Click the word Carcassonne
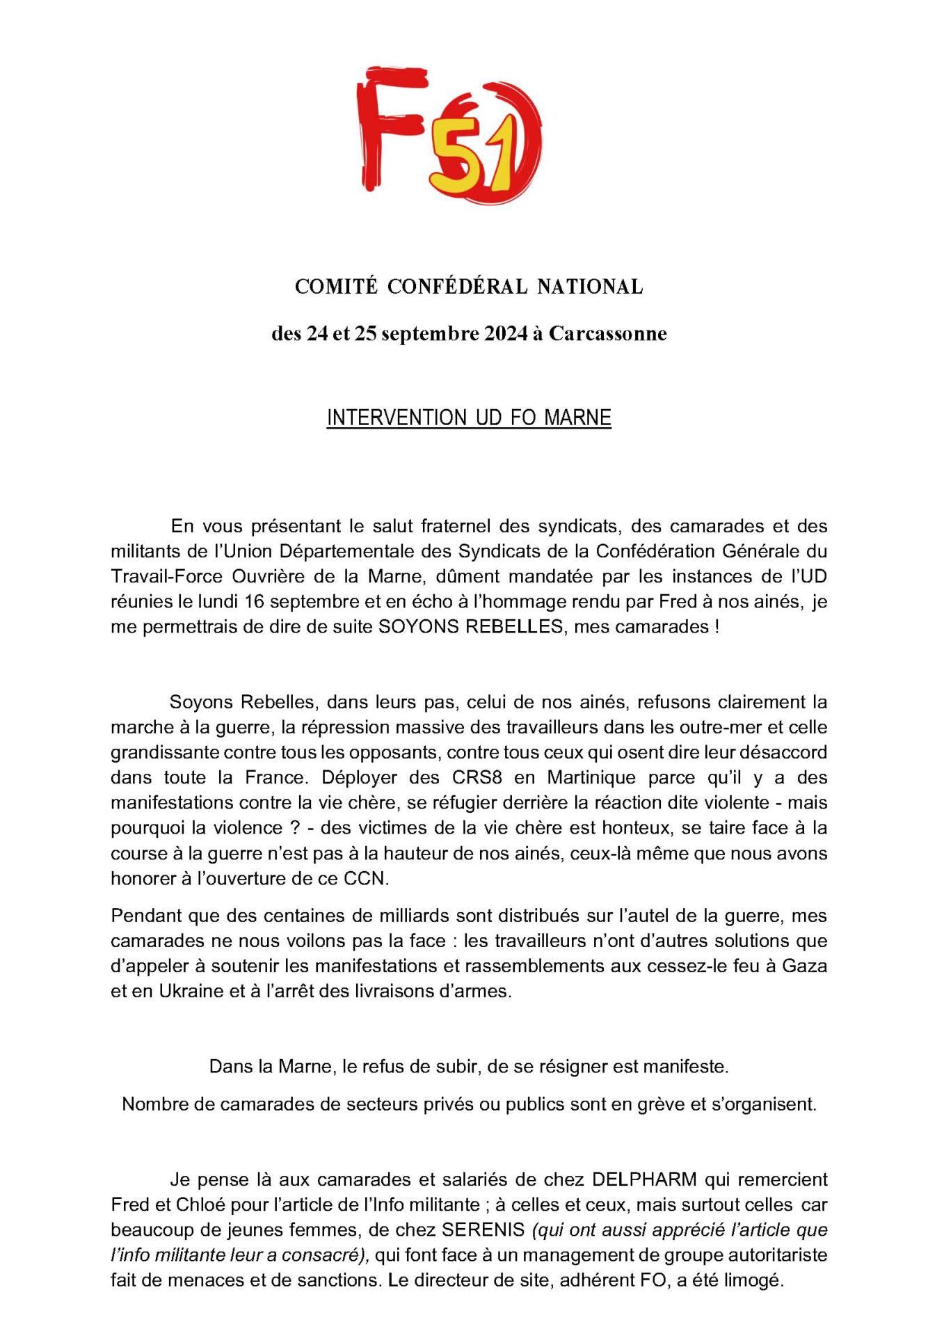click(607, 334)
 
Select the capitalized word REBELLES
click(513, 626)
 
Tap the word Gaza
click(805, 966)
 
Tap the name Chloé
click(198, 1204)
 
